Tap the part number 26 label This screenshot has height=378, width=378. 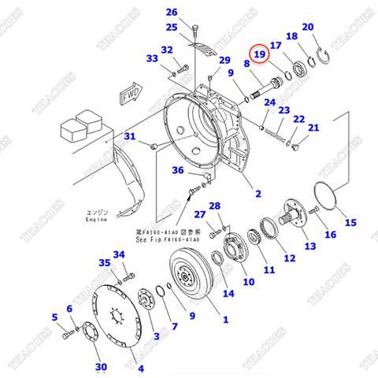172,12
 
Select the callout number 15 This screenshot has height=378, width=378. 351,222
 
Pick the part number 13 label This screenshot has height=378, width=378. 310,246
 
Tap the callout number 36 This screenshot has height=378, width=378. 178,171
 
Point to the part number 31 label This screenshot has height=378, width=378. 131,137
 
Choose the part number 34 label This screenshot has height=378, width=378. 119,254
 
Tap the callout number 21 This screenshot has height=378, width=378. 313,128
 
